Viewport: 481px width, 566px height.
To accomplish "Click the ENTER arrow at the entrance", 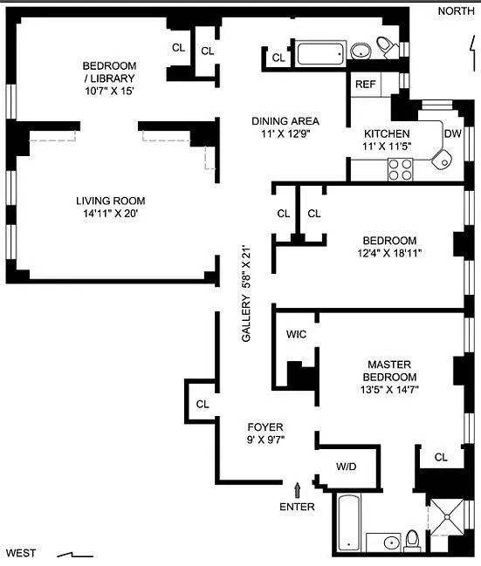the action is pos(298,490).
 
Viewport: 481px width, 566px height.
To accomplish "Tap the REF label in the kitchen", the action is pos(366,84).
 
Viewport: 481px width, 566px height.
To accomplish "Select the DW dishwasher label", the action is pos(453,133).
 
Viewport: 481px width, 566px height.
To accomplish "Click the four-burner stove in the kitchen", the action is pos(400,170).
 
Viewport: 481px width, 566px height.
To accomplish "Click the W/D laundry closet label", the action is pos(347,467).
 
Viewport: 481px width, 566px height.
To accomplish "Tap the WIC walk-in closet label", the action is pos(296,334).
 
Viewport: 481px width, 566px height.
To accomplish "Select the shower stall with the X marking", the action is pos(448,517).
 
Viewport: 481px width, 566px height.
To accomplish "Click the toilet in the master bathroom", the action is pos(412,541).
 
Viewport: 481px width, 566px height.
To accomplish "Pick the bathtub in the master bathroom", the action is pos(348,522).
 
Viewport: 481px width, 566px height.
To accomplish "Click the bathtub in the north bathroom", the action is pos(320,54).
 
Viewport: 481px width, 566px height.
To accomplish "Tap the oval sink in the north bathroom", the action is pos(361,51).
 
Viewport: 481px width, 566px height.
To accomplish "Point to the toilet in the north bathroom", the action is pos(387,47).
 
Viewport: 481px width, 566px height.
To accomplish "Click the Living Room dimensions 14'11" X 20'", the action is pos(111,214).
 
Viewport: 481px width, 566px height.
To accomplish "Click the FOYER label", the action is pos(265,427).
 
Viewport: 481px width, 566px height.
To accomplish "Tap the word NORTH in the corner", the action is pos(456,11).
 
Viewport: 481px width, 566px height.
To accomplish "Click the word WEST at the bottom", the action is pos(21,553).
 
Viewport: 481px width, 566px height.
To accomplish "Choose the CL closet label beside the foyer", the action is pos(203,404).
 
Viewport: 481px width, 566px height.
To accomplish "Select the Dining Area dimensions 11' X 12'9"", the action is pos(285,134).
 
